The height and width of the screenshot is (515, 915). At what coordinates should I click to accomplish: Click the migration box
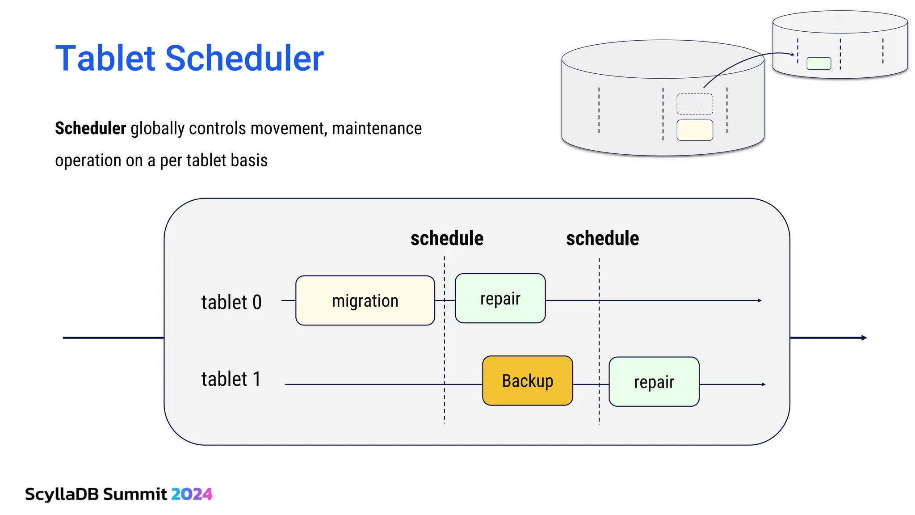coord(365,300)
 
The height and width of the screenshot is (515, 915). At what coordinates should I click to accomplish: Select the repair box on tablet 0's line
coord(500,298)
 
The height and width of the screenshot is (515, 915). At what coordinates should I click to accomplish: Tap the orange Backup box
coord(528,380)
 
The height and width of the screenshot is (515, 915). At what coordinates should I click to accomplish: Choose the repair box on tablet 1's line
coord(654,382)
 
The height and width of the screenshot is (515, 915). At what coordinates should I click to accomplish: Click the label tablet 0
coord(231,302)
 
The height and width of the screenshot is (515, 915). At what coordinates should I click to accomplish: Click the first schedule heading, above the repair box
coord(447,238)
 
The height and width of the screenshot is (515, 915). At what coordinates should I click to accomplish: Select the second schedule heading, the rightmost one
coord(602,238)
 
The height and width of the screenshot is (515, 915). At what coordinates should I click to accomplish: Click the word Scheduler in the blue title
coord(244,58)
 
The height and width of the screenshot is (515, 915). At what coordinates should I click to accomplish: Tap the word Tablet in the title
coord(105,58)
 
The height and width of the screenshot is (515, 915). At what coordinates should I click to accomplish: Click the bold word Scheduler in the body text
coord(90,128)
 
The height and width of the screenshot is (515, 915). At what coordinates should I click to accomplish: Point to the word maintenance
coord(377,128)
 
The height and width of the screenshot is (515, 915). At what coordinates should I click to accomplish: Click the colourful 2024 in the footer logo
coord(192,494)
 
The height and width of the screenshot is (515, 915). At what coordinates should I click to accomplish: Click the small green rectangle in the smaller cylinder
coord(818,63)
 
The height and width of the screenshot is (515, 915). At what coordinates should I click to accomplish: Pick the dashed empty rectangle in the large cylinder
coord(695,104)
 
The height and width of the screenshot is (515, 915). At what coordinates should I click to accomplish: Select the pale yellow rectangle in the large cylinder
coord(695,130)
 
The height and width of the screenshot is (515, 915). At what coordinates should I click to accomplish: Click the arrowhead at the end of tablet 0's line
coord(760,300)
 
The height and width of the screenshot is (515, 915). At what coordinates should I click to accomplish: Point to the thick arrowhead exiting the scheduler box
coord(864,338)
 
